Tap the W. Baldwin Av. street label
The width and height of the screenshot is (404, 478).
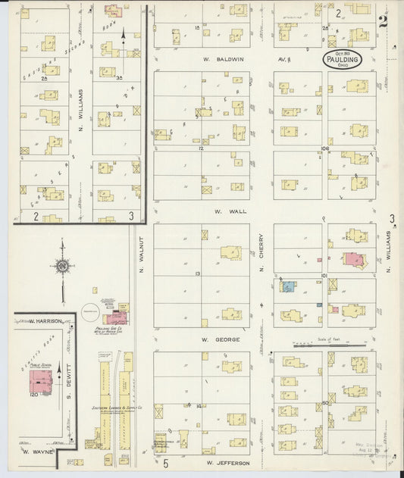coord(227,58)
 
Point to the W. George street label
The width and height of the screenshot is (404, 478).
coord(227,339)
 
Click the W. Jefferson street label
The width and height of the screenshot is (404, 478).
coord(227,461)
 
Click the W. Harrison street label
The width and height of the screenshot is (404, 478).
coord(45,320)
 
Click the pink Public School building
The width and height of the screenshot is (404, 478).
coord(41,380)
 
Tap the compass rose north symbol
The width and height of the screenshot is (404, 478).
coord(61,266)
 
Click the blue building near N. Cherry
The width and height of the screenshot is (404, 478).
coord(289,287)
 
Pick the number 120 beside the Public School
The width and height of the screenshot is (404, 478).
coord(33,395)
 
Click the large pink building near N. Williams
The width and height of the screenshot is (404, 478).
coord(354,259)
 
